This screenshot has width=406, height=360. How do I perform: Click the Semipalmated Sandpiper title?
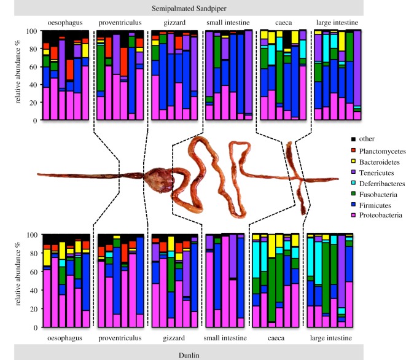coord(203,8)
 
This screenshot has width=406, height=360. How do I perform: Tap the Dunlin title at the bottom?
coord(203,354)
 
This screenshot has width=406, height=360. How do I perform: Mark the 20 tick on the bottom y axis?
coord(32,308)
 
